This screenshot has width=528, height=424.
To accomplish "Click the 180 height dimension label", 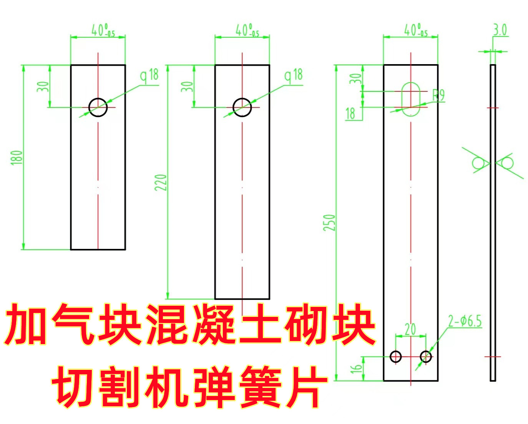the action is [17, 157].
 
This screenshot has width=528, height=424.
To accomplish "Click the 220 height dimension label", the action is [161, 182].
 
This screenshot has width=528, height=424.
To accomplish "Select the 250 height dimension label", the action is [329, 223].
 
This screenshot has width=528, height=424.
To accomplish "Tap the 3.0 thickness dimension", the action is [500, 30].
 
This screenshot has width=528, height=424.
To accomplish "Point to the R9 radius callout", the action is [438, 95].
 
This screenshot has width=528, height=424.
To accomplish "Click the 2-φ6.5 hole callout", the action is [465, 321].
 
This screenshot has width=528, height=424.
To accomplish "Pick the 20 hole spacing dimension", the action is [410, 330].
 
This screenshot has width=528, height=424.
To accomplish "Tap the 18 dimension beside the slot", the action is [350, 113].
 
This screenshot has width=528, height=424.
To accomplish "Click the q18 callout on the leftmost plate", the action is [149, 75].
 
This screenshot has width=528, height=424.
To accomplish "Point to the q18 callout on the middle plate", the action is [294, 75].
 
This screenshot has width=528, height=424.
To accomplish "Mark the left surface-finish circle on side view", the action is [478, 163].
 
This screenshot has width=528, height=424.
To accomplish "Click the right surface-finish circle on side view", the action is [507, 163].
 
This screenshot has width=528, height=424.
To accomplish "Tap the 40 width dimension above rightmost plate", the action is [416, 30].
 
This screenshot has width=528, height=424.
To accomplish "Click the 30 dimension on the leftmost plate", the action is [43, 86].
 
